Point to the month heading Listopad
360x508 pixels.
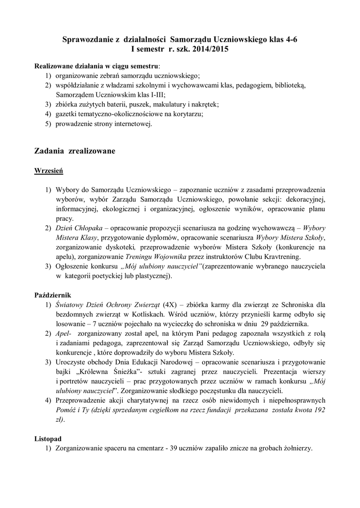49,439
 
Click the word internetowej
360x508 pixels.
130,124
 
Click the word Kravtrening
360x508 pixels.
284,256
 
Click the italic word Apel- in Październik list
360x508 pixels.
64,333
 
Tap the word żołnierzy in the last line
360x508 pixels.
296,448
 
